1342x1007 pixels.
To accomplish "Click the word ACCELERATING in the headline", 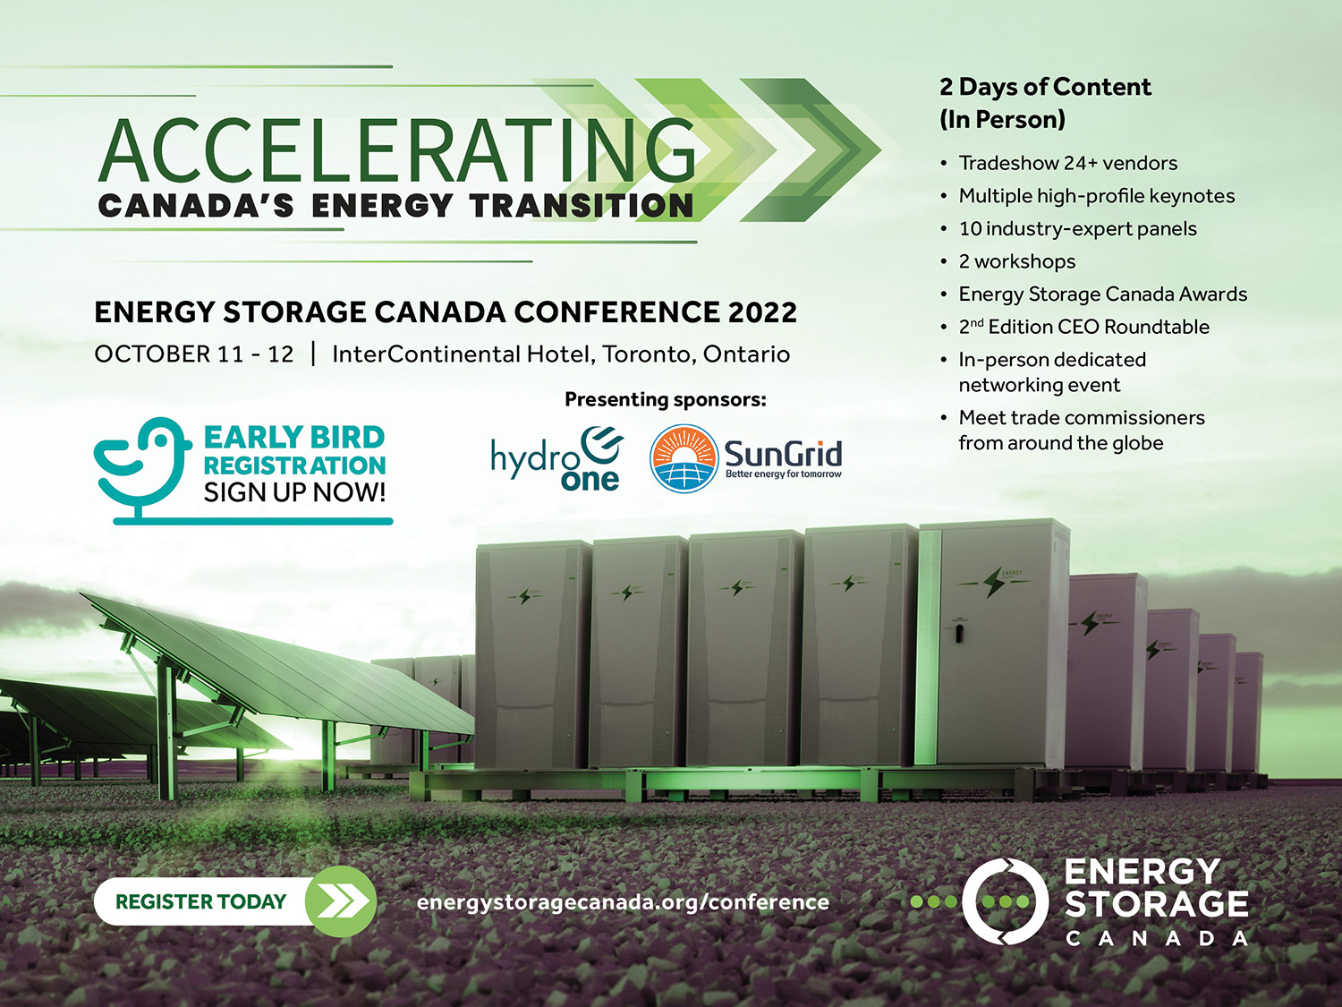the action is coord(396,150).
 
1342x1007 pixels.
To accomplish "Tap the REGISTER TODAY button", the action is coord(235,901).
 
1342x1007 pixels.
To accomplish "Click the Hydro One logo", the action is coord(557,459).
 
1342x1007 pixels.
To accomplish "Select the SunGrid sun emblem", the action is coord(684,458).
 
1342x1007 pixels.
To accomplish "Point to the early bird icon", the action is coord(140,465).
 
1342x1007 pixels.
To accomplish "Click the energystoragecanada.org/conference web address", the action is coord(623,902).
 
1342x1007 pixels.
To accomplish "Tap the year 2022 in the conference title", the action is coord(762,311).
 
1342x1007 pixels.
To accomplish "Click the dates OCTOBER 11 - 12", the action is coord(194,354).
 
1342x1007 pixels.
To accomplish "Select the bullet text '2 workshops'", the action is coord(1016,261).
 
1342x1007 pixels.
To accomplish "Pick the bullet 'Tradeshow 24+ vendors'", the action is coord(1067,163).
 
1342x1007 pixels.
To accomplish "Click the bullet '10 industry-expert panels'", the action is coord(1077,228).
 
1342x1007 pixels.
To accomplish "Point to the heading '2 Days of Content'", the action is coord(1045,87).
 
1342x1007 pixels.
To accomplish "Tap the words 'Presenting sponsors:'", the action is coord(666,400).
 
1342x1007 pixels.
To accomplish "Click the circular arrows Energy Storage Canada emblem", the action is coord(1005,901).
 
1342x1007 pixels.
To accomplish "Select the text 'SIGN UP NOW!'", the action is coord(294,493).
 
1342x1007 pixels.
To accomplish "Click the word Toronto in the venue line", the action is coord(650,354).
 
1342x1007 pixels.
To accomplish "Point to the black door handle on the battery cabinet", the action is coord(958,634).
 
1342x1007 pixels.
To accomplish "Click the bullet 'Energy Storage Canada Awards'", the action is coord(1102,294).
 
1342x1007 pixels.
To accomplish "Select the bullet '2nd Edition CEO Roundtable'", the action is coord(1083,327).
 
